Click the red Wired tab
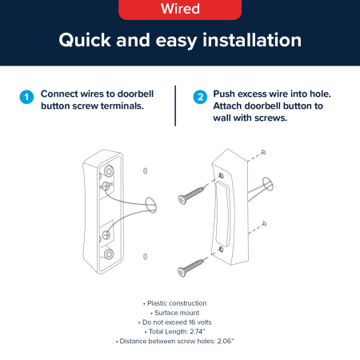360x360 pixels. pyautogui.click(x=180, y=9)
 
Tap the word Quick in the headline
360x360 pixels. pyautogui.click(x=85, y=41)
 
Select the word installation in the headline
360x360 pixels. pyautogui.click(x=252, y=40)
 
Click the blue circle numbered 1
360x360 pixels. pyautogui.click(x=26, y=97)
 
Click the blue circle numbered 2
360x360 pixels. pyautogui.click(x=200, y=97)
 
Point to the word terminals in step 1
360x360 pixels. pyautogui.click(x=122, y=106)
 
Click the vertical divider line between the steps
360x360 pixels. pyautogui.click(x=175, y=106)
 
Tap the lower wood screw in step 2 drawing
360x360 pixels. pyautogui.click(x=192, y=267)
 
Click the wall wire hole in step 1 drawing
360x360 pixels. pyautogui.click(x=150, y=206)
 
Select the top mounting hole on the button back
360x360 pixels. pyautogui.click(x=109, y=170)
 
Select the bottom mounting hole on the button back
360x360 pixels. pyautogui.click(x=109, y=254)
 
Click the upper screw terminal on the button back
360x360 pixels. pyautogui.click(x=106, y=186)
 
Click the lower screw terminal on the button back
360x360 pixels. pyautogui.click(x=106, y=235)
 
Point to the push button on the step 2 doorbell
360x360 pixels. pyautogui.click(x=222, y=214)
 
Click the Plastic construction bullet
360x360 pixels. pyautogui.click(x=175, y=303)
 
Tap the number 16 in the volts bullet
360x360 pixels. pyautogui.click(x=192, y=322)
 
